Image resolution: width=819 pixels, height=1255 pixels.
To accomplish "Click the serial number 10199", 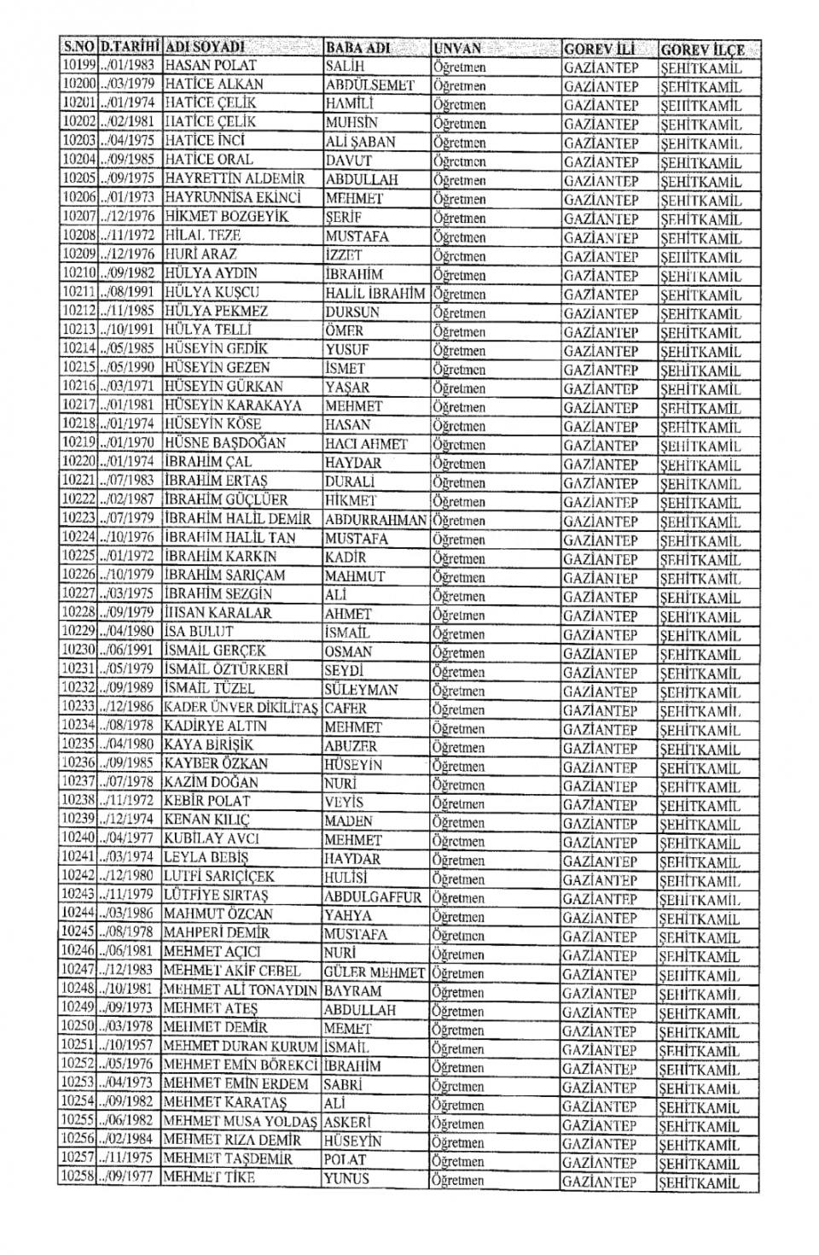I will (x=78, y=66).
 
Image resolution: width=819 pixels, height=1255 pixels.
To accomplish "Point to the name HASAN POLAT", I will (x=210, y=66).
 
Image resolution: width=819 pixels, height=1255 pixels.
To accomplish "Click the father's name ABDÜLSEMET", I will (x=369, y=85).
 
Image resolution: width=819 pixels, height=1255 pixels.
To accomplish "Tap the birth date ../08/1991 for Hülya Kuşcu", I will (x=130, y=293).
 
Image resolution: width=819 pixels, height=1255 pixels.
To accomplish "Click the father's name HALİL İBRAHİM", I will (x=375, y=293).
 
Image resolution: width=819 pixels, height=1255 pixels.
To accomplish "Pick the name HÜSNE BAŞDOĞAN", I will (x=225, y=443).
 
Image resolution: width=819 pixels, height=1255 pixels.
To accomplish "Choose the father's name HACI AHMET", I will (x=366, y=444).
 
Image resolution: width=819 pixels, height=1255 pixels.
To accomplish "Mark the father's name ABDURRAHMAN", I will (x=375, y=519).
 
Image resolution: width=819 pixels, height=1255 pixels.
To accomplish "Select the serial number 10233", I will (x=78, y=707).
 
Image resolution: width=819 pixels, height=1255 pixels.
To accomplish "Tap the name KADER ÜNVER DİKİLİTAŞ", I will (x=241, y=708).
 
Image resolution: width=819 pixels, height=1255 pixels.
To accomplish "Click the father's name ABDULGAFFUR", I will (x=373, y=896).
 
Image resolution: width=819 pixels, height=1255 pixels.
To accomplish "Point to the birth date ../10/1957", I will (x=130, y=1047).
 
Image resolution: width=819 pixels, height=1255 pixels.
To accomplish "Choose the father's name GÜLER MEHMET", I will (x=375, y=972).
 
